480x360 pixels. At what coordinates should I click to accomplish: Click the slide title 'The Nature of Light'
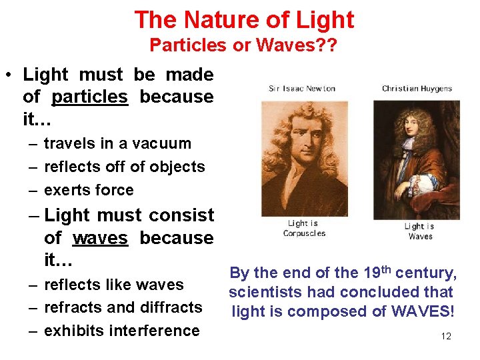click(244, 19)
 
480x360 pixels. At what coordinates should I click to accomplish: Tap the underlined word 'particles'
click(89, 97)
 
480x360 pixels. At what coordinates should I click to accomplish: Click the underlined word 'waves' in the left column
click(100, 238)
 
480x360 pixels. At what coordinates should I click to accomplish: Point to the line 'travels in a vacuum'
click(117, 143)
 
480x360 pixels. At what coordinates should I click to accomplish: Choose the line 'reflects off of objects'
click(124, 167)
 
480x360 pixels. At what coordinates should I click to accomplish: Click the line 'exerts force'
click(89, 190)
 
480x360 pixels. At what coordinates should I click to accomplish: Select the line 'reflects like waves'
click(113, 285)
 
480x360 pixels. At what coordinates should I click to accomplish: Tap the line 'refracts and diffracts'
click(123, 307)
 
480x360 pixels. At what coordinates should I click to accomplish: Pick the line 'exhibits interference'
click(121, 331)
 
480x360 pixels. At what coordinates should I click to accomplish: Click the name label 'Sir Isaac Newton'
click(302, 88)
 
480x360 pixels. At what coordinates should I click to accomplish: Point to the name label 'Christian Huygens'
click(417, 88)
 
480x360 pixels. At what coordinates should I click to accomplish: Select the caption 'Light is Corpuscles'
click(304, 228)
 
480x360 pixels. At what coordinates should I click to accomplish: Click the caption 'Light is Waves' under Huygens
click(420, 231)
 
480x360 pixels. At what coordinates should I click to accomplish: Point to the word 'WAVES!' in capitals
click(423, 311)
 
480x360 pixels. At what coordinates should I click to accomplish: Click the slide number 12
click(446, 336)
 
